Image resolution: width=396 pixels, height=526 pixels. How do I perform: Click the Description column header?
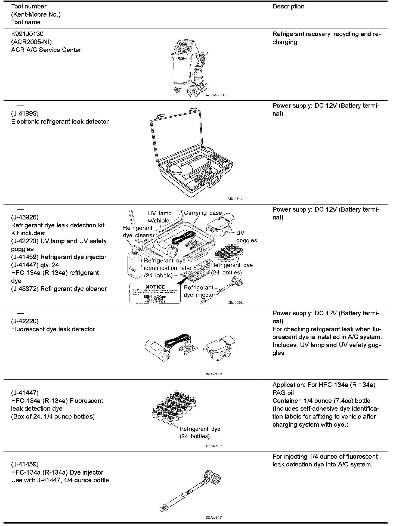click(288, 7)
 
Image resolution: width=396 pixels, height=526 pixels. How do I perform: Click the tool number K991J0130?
click(27, 34)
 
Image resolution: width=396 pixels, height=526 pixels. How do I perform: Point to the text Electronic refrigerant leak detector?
click(60, 122)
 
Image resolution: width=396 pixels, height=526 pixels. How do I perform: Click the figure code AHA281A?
click(235, 199)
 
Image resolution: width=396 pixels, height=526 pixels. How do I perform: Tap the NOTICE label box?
click(155, 293)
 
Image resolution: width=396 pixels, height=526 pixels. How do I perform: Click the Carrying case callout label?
click(203, 213)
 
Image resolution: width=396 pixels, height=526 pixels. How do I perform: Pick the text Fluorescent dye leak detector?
click(53, 329)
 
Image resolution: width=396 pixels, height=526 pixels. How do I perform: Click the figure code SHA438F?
click(214, 374)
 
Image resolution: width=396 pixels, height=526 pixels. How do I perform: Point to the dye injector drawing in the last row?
click(190, 489)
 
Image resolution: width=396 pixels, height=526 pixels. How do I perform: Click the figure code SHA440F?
click(214, 518)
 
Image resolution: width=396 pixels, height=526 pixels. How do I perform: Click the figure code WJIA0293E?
click(216, 95)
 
